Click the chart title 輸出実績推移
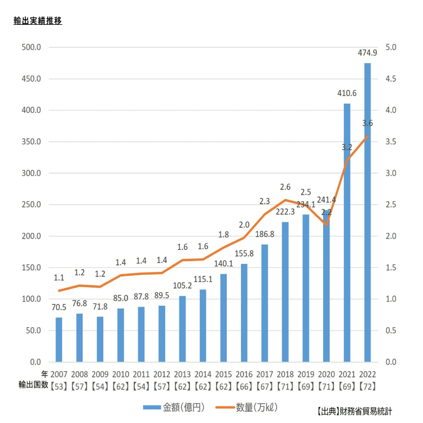[38, 21]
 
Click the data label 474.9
[368, 53]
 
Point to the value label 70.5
[59, 307]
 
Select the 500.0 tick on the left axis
[31, 47]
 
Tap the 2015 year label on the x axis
[223, 374]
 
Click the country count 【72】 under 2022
[368, 386]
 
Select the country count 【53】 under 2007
[59, 386]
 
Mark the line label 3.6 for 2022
[368, 123]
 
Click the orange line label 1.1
[59, 277]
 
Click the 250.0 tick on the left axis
[31, 204]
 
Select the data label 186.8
[265, 234]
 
